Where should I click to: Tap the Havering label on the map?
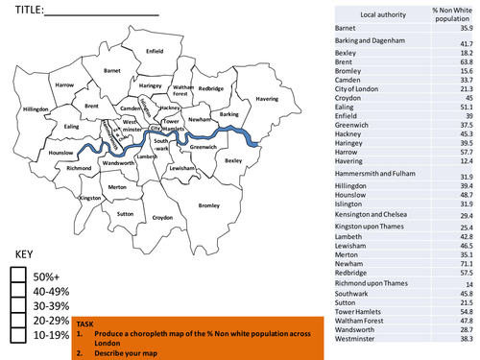coord(261,97)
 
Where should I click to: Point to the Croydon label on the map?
coord(162,218)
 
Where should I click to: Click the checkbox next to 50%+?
coord(18,275)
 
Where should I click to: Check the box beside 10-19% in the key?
coord(18,335)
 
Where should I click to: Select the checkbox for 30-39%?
coord(18,305)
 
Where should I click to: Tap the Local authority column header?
coord(369,14)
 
